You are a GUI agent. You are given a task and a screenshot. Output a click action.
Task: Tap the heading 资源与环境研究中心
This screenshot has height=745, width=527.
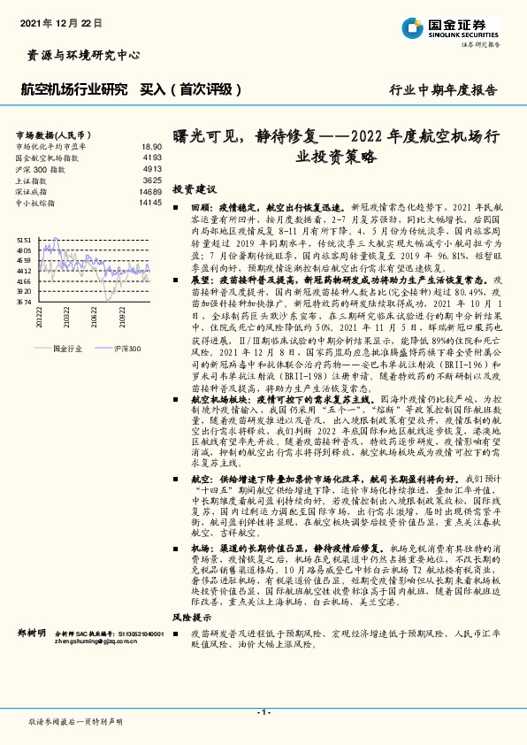[x=79, y=55]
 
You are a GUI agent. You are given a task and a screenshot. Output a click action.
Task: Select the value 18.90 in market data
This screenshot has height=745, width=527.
[x=151, y=147]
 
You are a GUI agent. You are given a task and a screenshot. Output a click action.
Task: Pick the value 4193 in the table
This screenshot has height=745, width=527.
[x=152, y=157]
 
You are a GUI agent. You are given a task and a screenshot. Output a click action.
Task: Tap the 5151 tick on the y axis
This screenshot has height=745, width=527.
[x=24, y=240]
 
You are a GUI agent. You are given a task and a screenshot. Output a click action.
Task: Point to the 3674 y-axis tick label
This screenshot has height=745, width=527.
[x=24, y=302]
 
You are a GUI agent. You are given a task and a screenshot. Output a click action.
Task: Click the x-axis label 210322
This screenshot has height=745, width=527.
[x=67, y=316]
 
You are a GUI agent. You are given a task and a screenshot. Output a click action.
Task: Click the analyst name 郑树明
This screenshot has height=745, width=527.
[x=33, y=634]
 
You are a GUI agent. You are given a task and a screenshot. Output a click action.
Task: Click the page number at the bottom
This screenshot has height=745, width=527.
[x=263, y=711]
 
